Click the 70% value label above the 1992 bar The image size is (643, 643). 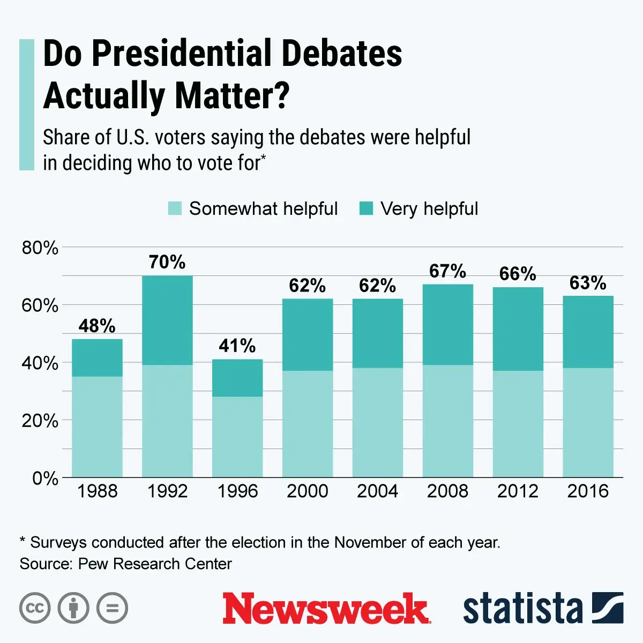click(167, 262)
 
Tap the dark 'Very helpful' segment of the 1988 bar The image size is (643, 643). click(97, 357)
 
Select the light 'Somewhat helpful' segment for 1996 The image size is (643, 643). click(237, 437)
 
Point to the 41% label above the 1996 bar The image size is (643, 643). click(237, 346)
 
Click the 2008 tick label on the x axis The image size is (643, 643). click(447, 491)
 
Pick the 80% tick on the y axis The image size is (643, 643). click(40, 248)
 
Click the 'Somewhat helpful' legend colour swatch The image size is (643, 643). click(175, 208)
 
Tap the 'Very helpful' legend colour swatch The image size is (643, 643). click(366, 208)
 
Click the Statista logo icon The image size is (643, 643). click(608, 608)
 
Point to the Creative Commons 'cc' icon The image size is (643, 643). click(35, 608)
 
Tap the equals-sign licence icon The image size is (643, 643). click(112, 608)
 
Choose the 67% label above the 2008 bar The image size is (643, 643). click(447, 271)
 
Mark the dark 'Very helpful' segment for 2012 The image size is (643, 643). click(518, 329)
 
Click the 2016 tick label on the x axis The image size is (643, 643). click(588, 491)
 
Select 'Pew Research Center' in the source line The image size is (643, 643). click(155, 564)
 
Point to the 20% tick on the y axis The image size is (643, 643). click(40, 421)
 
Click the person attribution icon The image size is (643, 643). click(73, 608)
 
